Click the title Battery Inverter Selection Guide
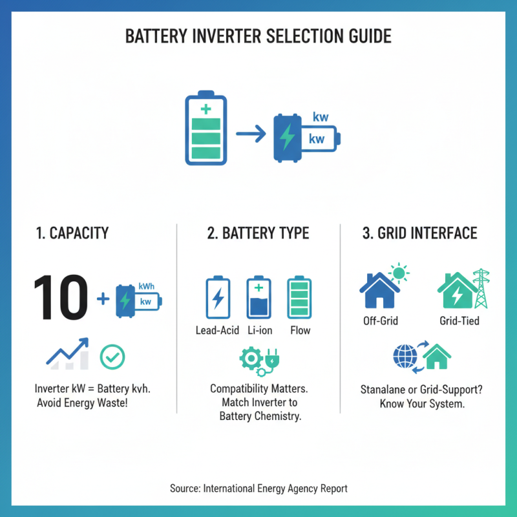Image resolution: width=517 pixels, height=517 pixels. pyautogui.click(x=258, y=36)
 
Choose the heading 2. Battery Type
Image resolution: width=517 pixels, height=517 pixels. pyautogui.click(x=258, y=233)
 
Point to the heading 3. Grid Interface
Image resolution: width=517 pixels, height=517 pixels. pyautogui.click(x=419, y=233)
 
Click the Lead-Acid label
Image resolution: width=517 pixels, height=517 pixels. pyautogui.click(x=218, y=330)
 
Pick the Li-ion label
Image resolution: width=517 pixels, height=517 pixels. pyautogui.click(x=260, y=330)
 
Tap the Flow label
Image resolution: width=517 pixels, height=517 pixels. pyautogui.click(x=300, y=330)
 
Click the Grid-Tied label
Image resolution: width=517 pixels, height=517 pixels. pyautogui.click(x=459, y=321)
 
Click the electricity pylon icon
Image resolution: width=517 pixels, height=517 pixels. pyautogui.click(x=480, y=289)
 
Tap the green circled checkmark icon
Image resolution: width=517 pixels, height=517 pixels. pyautogui.click(x=112, y=355)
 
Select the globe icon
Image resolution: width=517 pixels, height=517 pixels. pyautogui.click(x=405, y=356)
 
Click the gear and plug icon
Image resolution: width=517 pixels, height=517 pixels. pyautogui.click(x=258, y=361)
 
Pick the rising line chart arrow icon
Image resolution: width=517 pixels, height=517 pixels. pyautogui.click(x=68, y=354)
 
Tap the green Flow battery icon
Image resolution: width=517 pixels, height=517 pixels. pyautogui.click(x=299, y=299)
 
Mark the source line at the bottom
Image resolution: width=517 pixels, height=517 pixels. pyautogui.click(x=258, y=489)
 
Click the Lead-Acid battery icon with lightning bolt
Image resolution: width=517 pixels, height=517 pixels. pyautogui.click(x=218, y=299)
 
